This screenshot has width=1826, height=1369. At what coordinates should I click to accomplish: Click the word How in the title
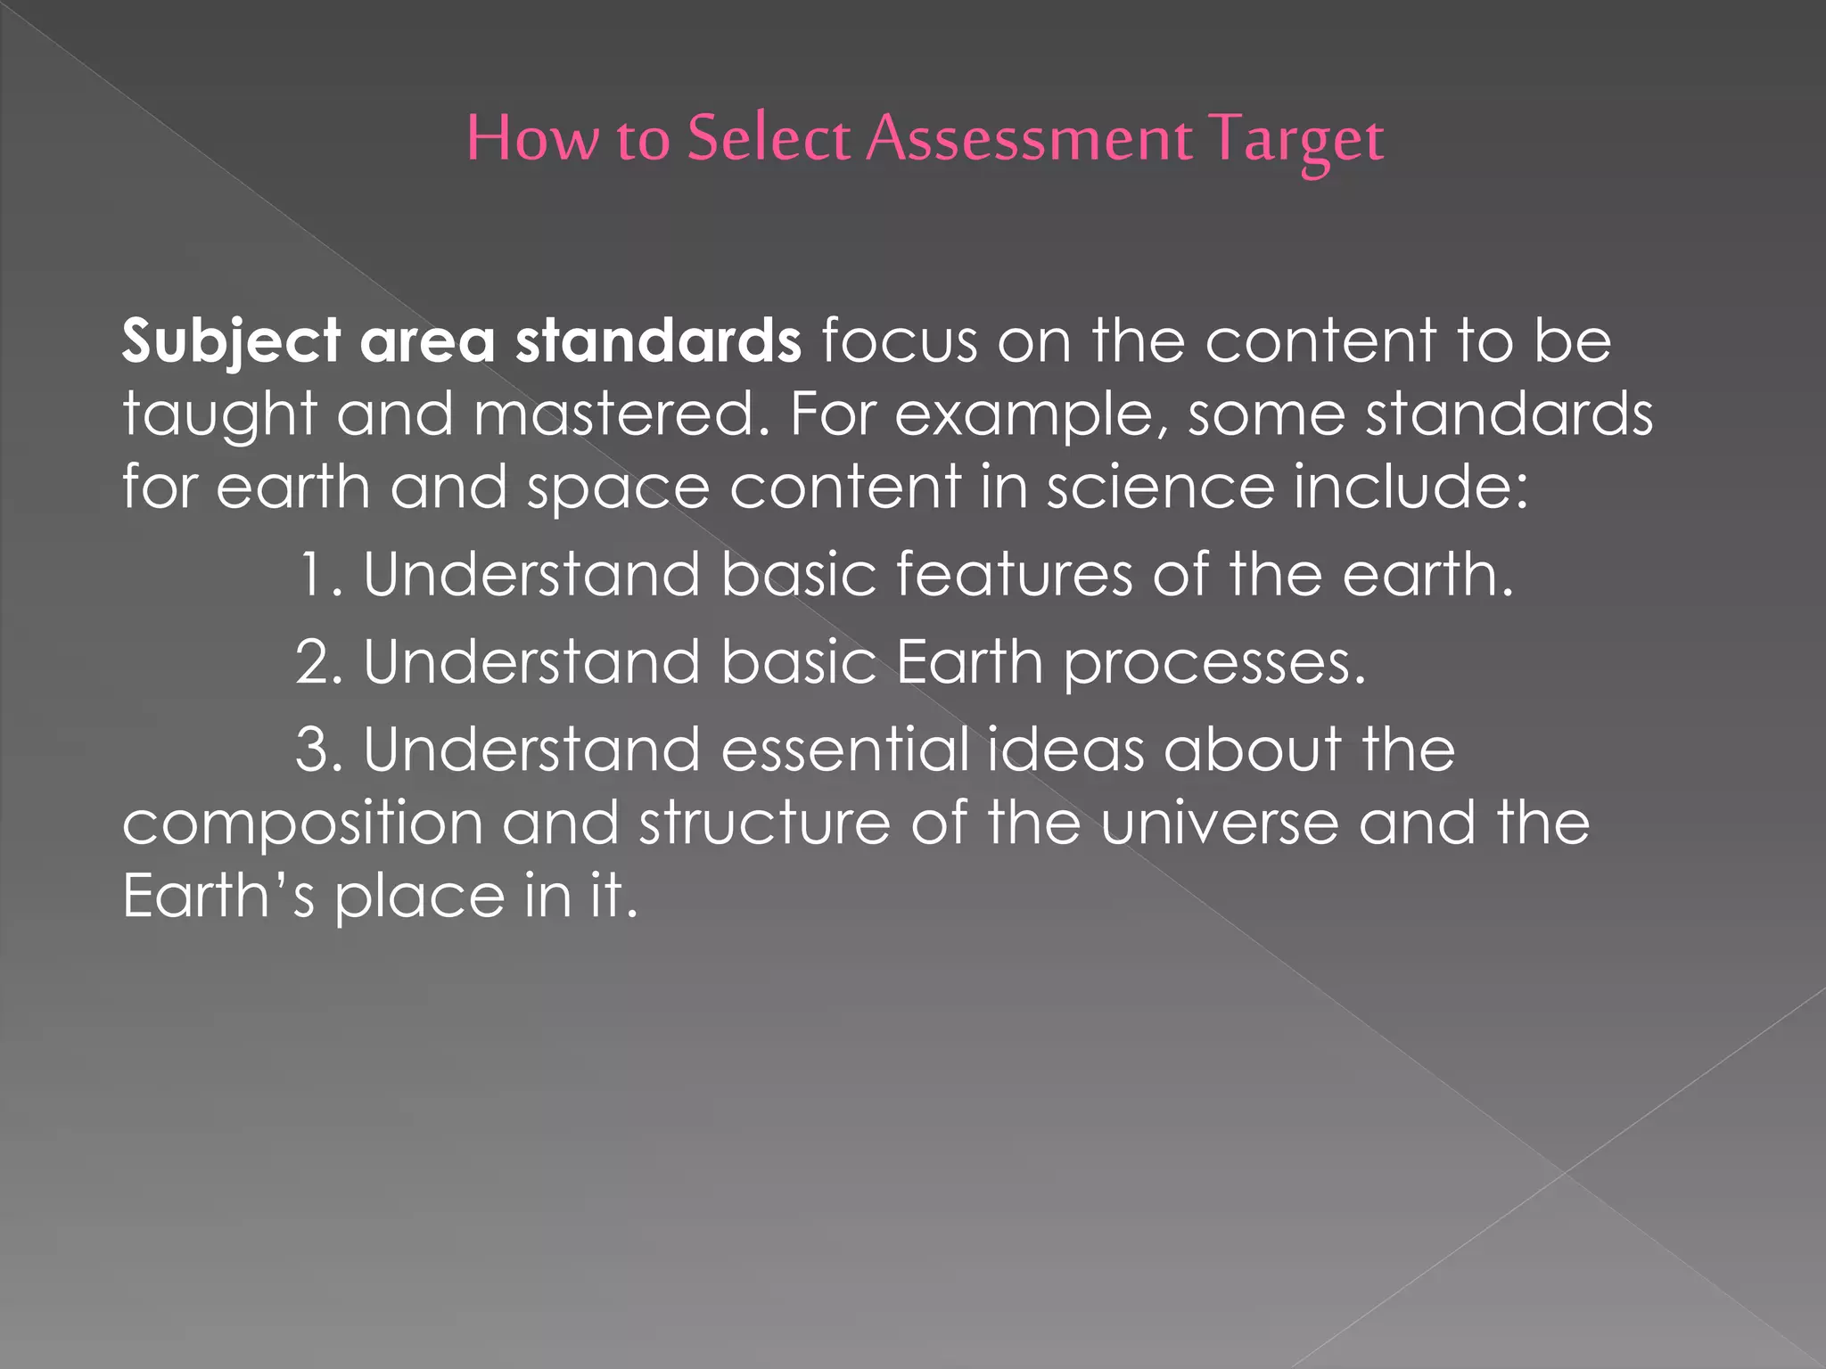[532, 139]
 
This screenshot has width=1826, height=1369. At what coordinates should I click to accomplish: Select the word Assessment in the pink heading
[1029, 139]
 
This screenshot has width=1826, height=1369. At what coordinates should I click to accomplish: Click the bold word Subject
[231, 341]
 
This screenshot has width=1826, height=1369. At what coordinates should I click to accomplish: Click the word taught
[219, 415]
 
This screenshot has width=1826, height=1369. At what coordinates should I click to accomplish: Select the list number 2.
[317, 662]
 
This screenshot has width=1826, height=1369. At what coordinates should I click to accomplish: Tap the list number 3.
[317, 750]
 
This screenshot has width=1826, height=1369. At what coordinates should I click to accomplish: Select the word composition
[302, 824]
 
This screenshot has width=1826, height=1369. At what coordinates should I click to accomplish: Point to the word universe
[1219, 823]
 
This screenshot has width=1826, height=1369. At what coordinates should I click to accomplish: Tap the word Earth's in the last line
[218, 896]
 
